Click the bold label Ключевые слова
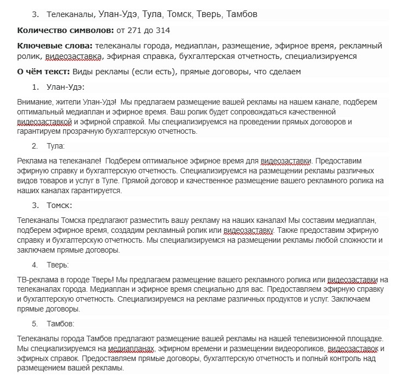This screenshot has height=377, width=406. click(x=54, y=46)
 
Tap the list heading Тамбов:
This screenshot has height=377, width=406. click(x=60, y=323)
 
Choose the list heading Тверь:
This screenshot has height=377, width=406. click(x=58, y=265)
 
